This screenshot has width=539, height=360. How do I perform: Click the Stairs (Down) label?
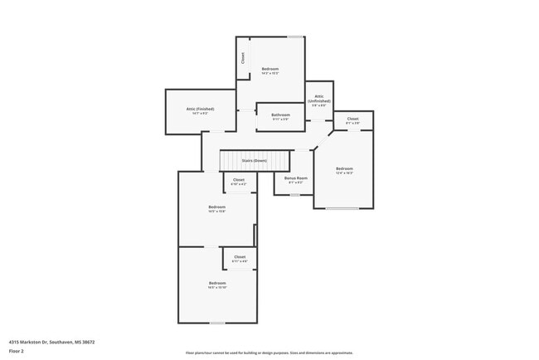point(254,160)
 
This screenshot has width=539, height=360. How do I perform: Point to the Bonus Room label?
point(296,178)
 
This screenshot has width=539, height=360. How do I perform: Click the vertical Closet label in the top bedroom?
point(243,58)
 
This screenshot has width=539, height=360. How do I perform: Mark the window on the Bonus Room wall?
point(294,195)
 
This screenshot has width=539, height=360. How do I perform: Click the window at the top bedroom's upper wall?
point(294,36)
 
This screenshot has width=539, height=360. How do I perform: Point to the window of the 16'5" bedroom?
point(217,323)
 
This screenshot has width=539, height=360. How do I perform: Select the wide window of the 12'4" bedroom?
point(342,208)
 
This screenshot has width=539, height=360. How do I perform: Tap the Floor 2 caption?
point(17,351)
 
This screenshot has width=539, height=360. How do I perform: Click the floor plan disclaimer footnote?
point(269,353)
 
